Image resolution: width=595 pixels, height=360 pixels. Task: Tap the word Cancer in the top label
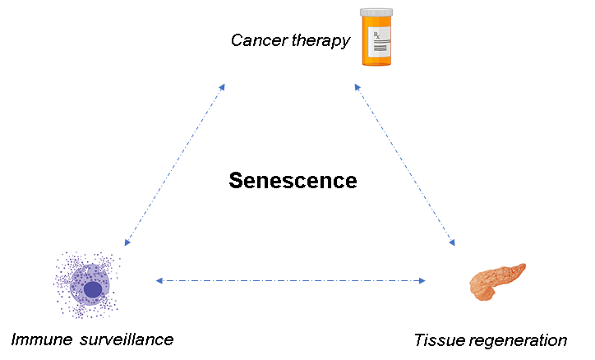point(256,40)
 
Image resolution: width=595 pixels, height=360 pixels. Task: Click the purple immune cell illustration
point(86,284)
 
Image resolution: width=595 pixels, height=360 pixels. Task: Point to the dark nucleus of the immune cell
point(93,289)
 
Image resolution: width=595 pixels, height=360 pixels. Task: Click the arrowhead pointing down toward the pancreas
point(451,242)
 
